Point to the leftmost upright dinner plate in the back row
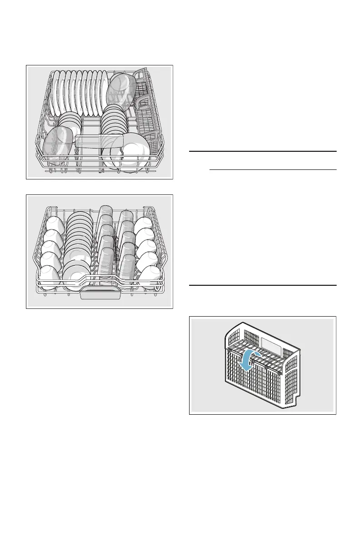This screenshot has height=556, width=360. tap(55, 93)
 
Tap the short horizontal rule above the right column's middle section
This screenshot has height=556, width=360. tap(272, 170)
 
